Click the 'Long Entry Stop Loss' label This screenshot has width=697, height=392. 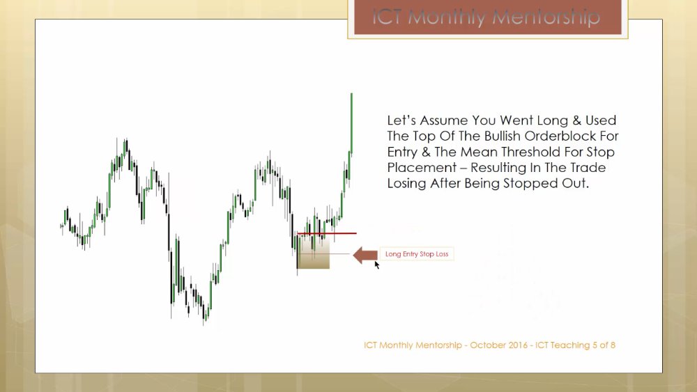[x=417, y=254]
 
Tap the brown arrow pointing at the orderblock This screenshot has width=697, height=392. [x=365, y=256]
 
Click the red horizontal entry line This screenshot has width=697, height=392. [x=327, y=233]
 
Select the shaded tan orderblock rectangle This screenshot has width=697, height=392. [x=314, y=253]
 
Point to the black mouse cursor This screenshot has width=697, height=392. [x=377, y=265]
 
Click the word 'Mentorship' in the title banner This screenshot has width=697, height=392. [x=546, y=18]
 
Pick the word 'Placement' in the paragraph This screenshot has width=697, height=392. [x=422, y=167]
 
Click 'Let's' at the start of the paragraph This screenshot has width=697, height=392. [x=401, y=120]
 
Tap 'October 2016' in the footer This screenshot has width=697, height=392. [x=498, y=345]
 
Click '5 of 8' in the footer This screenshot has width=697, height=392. [x=604, y=345]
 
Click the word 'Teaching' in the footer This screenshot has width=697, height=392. [x=572, y=345]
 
